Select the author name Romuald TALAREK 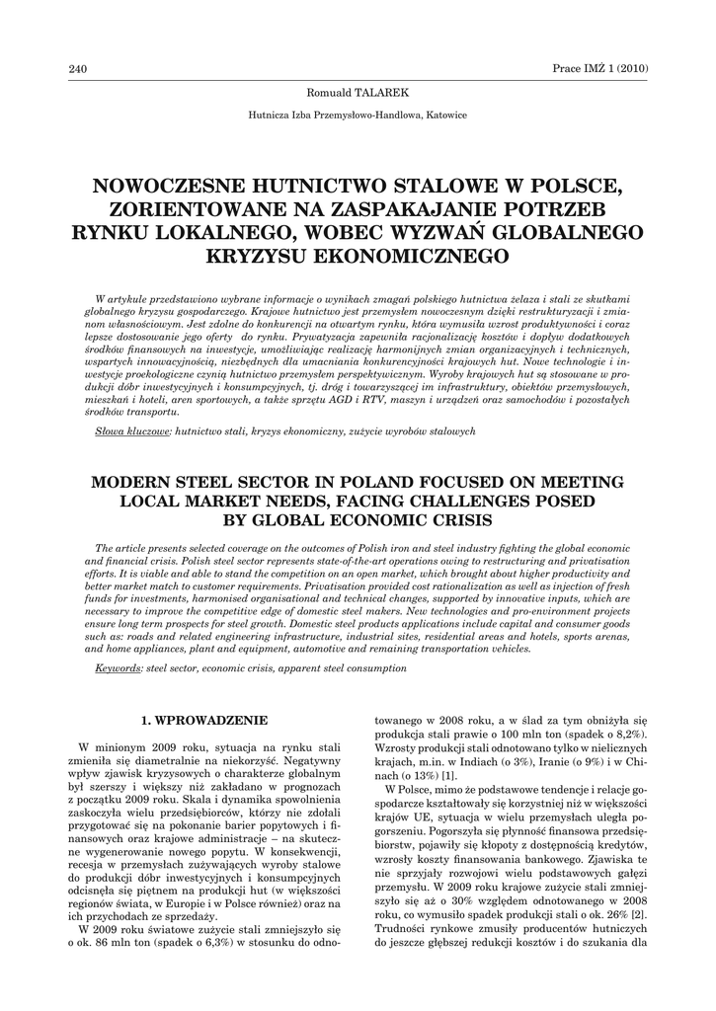coord(358,92)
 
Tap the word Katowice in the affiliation coord(447,115)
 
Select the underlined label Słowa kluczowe coord(133,431)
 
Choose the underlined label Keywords coord(118,668)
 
